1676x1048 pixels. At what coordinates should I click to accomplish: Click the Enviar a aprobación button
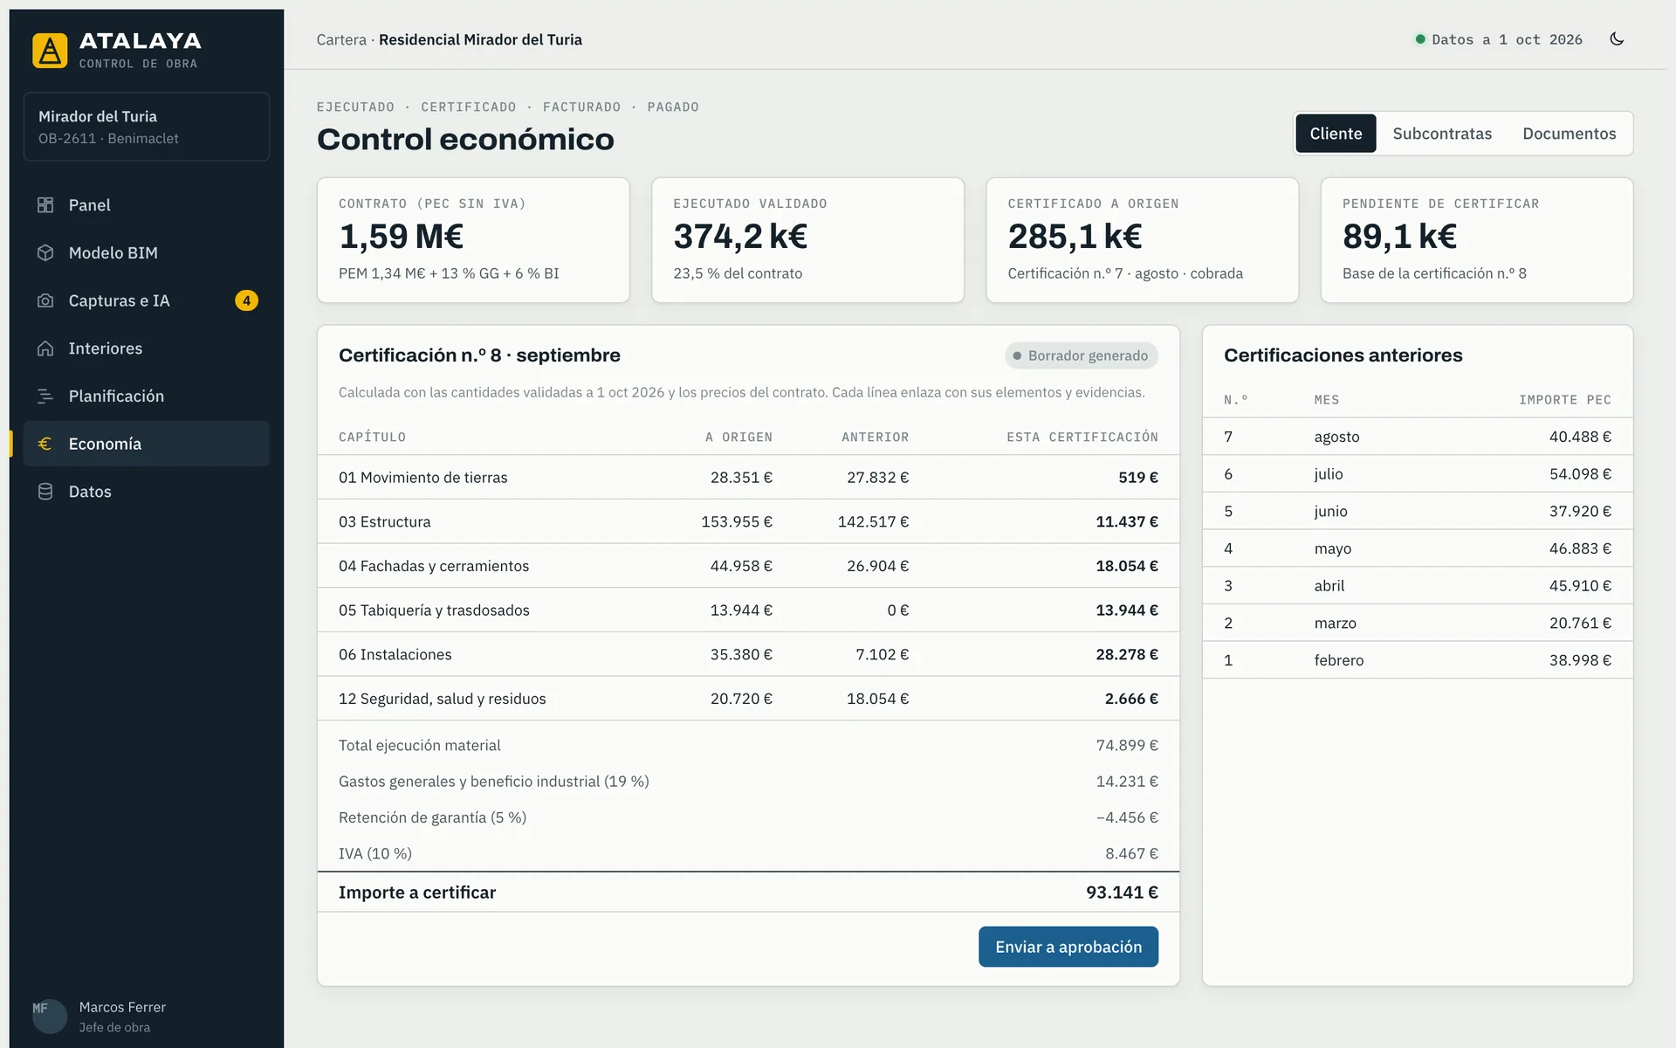pos(1068,947)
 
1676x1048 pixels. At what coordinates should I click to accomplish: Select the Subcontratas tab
pos(1442,134)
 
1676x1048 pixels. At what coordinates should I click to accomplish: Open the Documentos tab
pos(1570,134)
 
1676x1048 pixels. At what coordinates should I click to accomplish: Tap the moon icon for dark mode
pos(1617,39)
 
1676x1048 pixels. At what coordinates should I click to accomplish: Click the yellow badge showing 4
pos(246,300)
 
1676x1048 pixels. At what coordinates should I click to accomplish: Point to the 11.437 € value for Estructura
pos(1127,521)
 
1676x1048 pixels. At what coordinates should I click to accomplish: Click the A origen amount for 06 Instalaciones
pos(741,654)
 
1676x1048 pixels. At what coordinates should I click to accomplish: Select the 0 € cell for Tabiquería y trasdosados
pos(898,610)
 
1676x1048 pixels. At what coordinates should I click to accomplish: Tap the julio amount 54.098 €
pos(1580,474)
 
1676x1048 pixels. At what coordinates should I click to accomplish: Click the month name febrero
pos(1339,660)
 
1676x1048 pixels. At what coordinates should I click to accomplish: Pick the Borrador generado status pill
pos(1082,355)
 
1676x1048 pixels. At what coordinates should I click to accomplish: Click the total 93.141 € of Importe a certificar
pos(1122,893)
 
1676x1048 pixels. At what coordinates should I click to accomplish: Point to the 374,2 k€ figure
pos(740,236)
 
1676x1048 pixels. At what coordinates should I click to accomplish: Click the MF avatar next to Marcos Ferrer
pos(50,1017)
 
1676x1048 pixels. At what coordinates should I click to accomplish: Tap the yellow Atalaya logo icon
pos(50,51)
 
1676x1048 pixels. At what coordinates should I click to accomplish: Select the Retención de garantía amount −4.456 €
pos(1127,817)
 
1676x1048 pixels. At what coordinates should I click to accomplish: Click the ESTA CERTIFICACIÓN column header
pos(1082,437)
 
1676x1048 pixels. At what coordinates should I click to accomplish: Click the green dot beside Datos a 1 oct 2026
pos(1420,39)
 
